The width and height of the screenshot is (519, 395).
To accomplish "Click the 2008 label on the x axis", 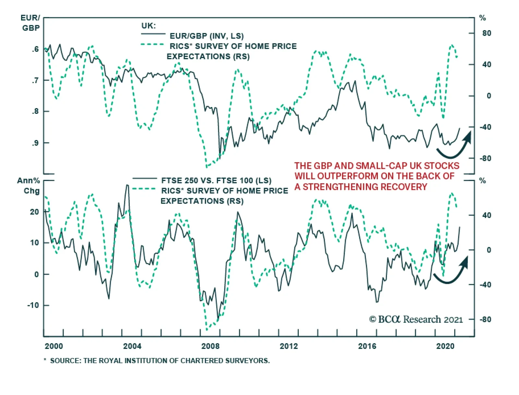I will point(210,346).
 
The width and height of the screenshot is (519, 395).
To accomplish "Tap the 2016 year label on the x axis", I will point(367,346).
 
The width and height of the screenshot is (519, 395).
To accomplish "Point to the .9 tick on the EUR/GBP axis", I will point(35,143).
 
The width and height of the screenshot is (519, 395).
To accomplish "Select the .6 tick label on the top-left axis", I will point(35,49).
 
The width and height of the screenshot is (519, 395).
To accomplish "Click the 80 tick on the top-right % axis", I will point(487,33).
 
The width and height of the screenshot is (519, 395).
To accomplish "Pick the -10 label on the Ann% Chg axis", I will point(33,305).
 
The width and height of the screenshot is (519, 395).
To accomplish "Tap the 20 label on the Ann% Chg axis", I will point(34,212).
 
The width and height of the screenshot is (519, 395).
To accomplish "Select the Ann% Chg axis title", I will point(29,186).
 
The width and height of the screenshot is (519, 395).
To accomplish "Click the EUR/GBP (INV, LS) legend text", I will point(207,36).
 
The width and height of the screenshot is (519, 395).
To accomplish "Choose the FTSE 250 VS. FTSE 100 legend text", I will point(216,181).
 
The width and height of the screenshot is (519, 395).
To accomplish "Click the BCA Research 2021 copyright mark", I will point(416,319).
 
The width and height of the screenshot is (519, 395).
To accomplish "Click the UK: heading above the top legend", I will point(149,26).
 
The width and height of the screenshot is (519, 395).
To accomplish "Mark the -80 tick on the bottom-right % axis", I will point(485,319).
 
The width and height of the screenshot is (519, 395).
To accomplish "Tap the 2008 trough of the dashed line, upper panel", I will point(207,167).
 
